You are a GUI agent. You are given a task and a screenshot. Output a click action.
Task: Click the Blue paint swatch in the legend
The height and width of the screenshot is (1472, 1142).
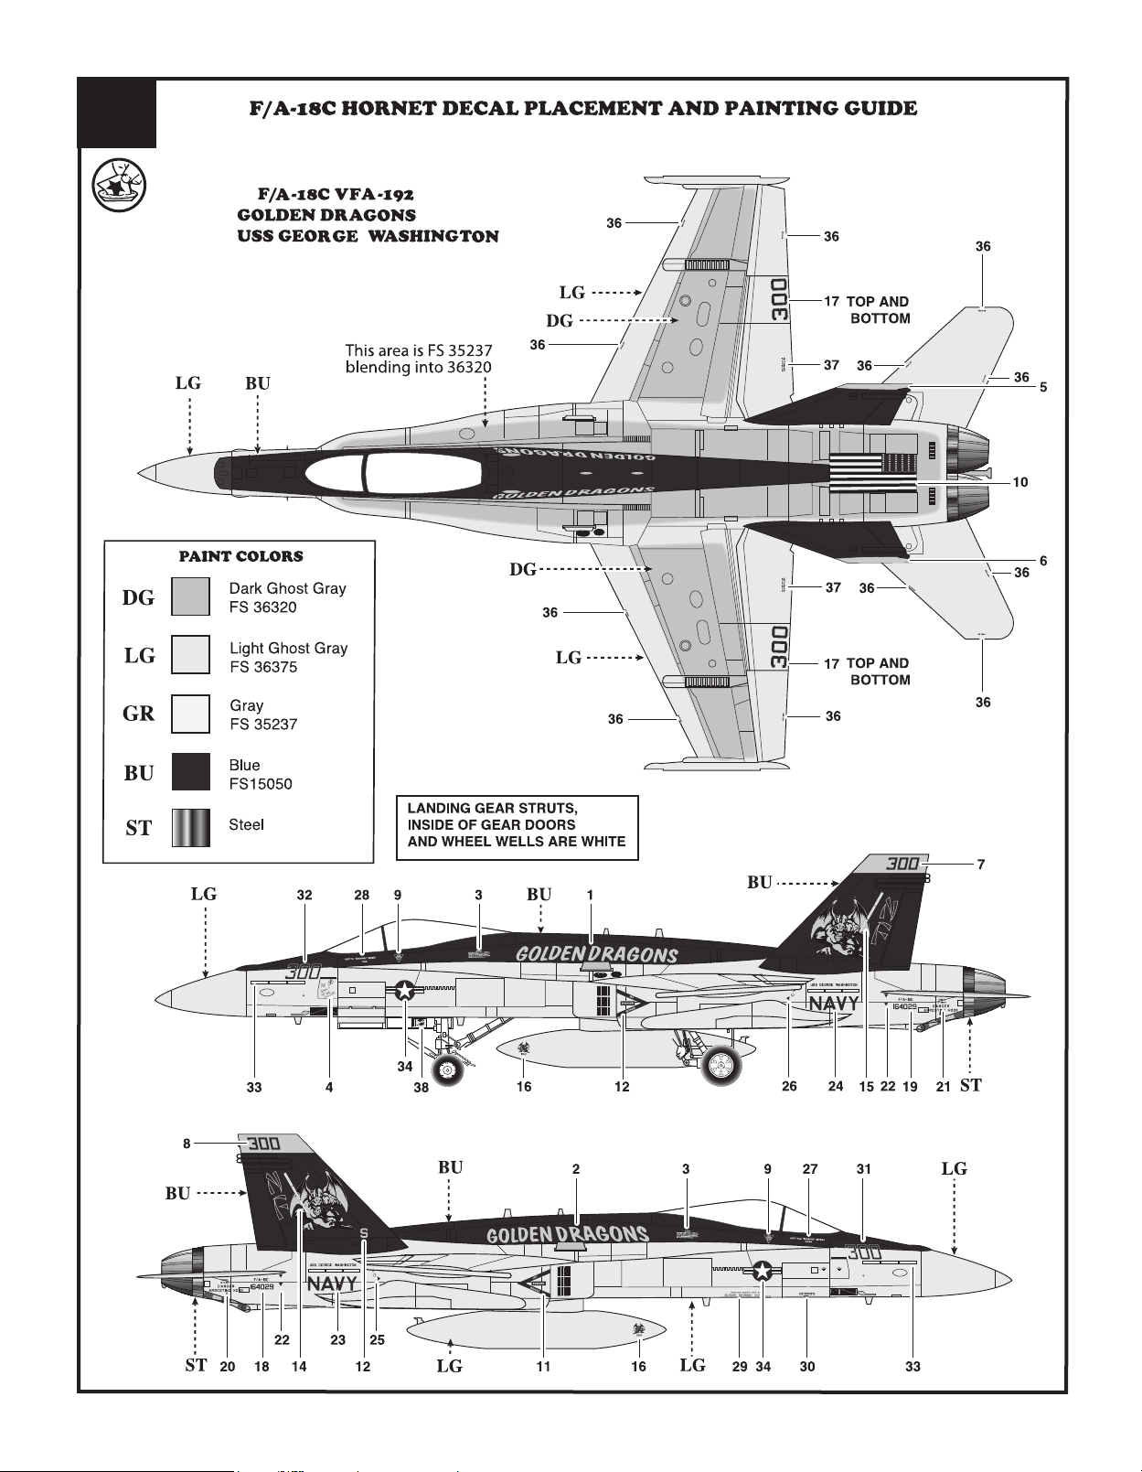pyautogui.click(x=191, y=771)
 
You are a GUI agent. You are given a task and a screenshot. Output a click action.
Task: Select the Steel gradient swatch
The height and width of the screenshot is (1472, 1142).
pyautogui.click(x=191, y=827)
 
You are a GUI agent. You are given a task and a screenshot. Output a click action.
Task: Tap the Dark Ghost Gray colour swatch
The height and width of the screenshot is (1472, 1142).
pyautogui.click(x=191, y=596)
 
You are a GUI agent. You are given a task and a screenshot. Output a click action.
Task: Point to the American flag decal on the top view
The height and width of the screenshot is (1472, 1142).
pyautogui.click(x=873, y=472)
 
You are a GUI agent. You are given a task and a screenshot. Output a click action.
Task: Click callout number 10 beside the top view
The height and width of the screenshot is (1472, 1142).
pyautogui.click(x=1020, y=482)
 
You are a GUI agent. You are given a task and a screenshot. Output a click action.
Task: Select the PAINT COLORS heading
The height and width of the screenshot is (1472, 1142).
pyautogui.click(x=240, y=556)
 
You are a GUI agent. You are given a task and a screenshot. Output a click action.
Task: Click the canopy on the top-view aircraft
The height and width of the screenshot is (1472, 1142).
pyautogui.click(x=393, y=473)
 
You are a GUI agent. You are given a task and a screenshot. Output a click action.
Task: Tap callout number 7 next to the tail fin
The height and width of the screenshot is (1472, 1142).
pyautogui.click(x=981, y=864)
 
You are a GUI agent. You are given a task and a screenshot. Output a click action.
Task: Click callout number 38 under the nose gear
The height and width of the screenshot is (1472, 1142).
pyautogui.click(x=421, y=1088)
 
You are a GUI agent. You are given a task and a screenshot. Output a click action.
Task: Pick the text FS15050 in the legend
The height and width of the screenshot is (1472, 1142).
pyautogui.click(x=261, y=784)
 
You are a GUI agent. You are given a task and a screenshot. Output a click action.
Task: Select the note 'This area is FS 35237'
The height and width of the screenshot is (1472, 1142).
pyautogui.click(x=419, y=350)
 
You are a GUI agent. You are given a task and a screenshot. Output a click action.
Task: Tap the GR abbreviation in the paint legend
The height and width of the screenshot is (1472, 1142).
pyautogui.click(x=139, y=714)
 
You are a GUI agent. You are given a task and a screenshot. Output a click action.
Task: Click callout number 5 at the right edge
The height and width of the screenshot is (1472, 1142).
pyautogui.click(x=1043, y=388)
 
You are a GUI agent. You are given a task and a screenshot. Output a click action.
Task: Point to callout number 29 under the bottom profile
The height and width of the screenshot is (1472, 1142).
pyautogui.click(x=740, y=1367)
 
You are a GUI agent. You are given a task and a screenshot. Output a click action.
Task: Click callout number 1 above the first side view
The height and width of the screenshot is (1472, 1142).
pyautogui.click(x=591, y=895)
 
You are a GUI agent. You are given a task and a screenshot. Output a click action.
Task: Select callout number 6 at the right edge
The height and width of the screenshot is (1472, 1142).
pyautogui.click(x=1043, y=561)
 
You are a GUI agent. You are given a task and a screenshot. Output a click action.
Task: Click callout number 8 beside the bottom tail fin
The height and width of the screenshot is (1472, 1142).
pyautogui.click(x=187, y=1143)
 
